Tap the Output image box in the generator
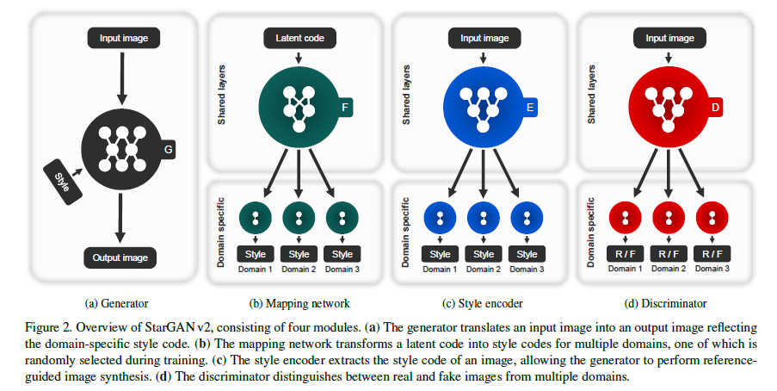pos(120,257)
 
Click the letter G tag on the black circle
pos(169,152)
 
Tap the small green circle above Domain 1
pos(256,218)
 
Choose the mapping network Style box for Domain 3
pos(342,254)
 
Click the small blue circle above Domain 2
pos(484,218)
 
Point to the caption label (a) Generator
pos(117,303)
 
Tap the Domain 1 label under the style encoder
pos(440,270)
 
